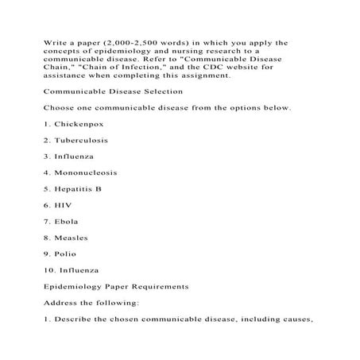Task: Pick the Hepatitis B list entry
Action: click(x=85, y=189)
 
